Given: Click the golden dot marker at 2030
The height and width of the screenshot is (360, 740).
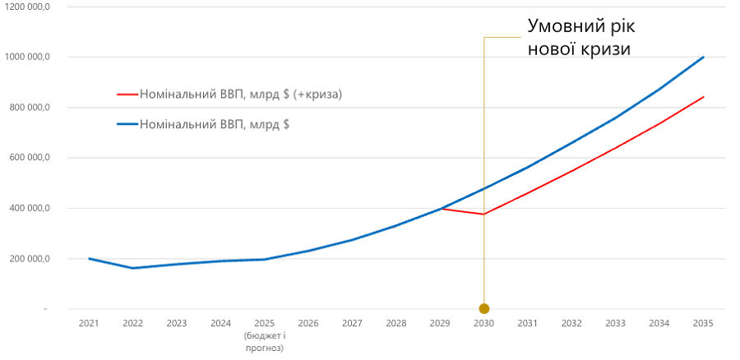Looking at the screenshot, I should click(483, 309).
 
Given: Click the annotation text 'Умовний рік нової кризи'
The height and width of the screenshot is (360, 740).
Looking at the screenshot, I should click(580, 38).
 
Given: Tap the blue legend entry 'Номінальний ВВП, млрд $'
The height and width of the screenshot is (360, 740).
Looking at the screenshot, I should click(215, 125).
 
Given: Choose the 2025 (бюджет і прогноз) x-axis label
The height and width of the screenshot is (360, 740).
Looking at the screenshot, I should click(264, 336).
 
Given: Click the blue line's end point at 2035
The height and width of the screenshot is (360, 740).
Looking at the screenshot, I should click(703, 57).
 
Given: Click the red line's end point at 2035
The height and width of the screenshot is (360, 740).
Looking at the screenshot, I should click(703, 97).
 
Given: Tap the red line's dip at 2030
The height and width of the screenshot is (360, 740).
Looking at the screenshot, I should click(483, 215).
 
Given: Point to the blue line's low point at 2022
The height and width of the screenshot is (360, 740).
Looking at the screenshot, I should click(132, 268).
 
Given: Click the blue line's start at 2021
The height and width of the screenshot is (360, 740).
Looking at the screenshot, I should click(89, 259).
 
